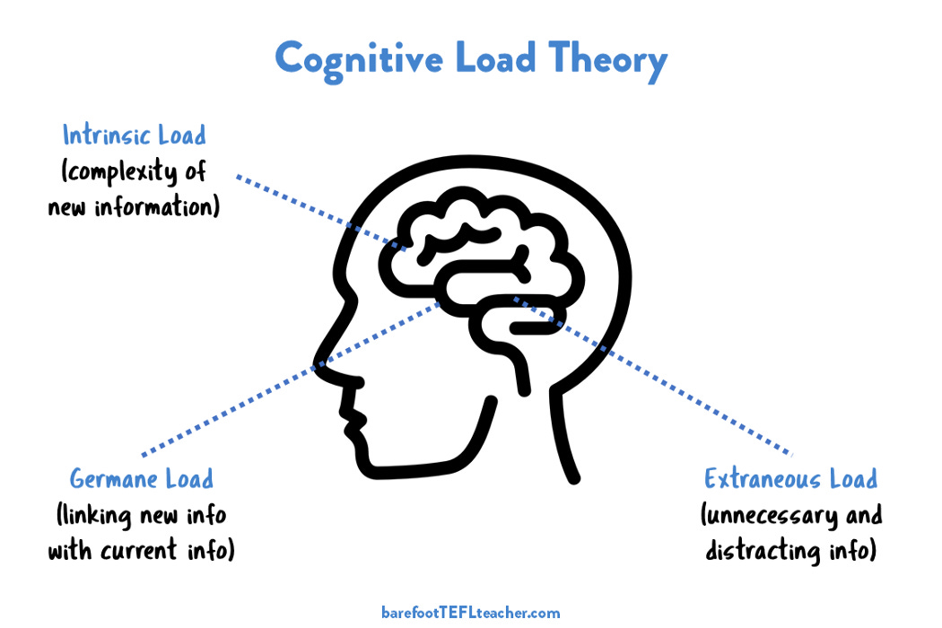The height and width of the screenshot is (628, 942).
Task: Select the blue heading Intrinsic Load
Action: coord(134,135)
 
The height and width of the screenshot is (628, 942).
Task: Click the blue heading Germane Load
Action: coord(142,478)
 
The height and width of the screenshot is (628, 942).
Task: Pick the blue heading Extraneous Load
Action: coord(790,478)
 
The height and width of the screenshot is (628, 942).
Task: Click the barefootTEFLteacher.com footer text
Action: coord(470,613)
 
